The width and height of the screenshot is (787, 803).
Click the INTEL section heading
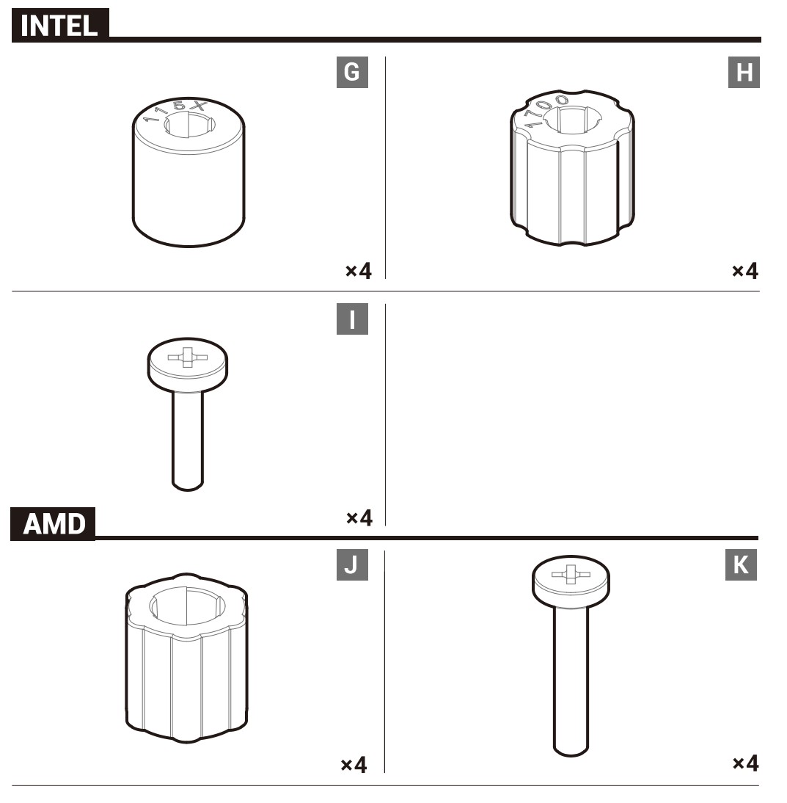[59, 25]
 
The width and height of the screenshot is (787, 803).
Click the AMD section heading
[54, 523]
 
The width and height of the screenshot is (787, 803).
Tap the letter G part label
[352, 72]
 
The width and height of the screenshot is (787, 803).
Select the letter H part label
[744, 72]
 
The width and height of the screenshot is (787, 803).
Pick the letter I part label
[352, 319]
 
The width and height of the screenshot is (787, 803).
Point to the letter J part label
[352, 565]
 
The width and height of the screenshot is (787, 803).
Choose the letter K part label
[741, 565]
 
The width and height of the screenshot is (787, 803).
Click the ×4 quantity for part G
[358, 270]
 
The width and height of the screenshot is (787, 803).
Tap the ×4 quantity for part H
[745, 270]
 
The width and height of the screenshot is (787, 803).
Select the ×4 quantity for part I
[359, 517]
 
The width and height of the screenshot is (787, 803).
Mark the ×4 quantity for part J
[354, 765]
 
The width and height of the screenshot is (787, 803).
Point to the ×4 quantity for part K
[745, 763]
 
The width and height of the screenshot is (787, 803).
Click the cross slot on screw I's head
[187, 357]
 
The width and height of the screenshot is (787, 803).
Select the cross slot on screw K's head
[571, 574]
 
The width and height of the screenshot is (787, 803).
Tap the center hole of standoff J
[187, 606]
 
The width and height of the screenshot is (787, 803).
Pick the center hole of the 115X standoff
[189, 125]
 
